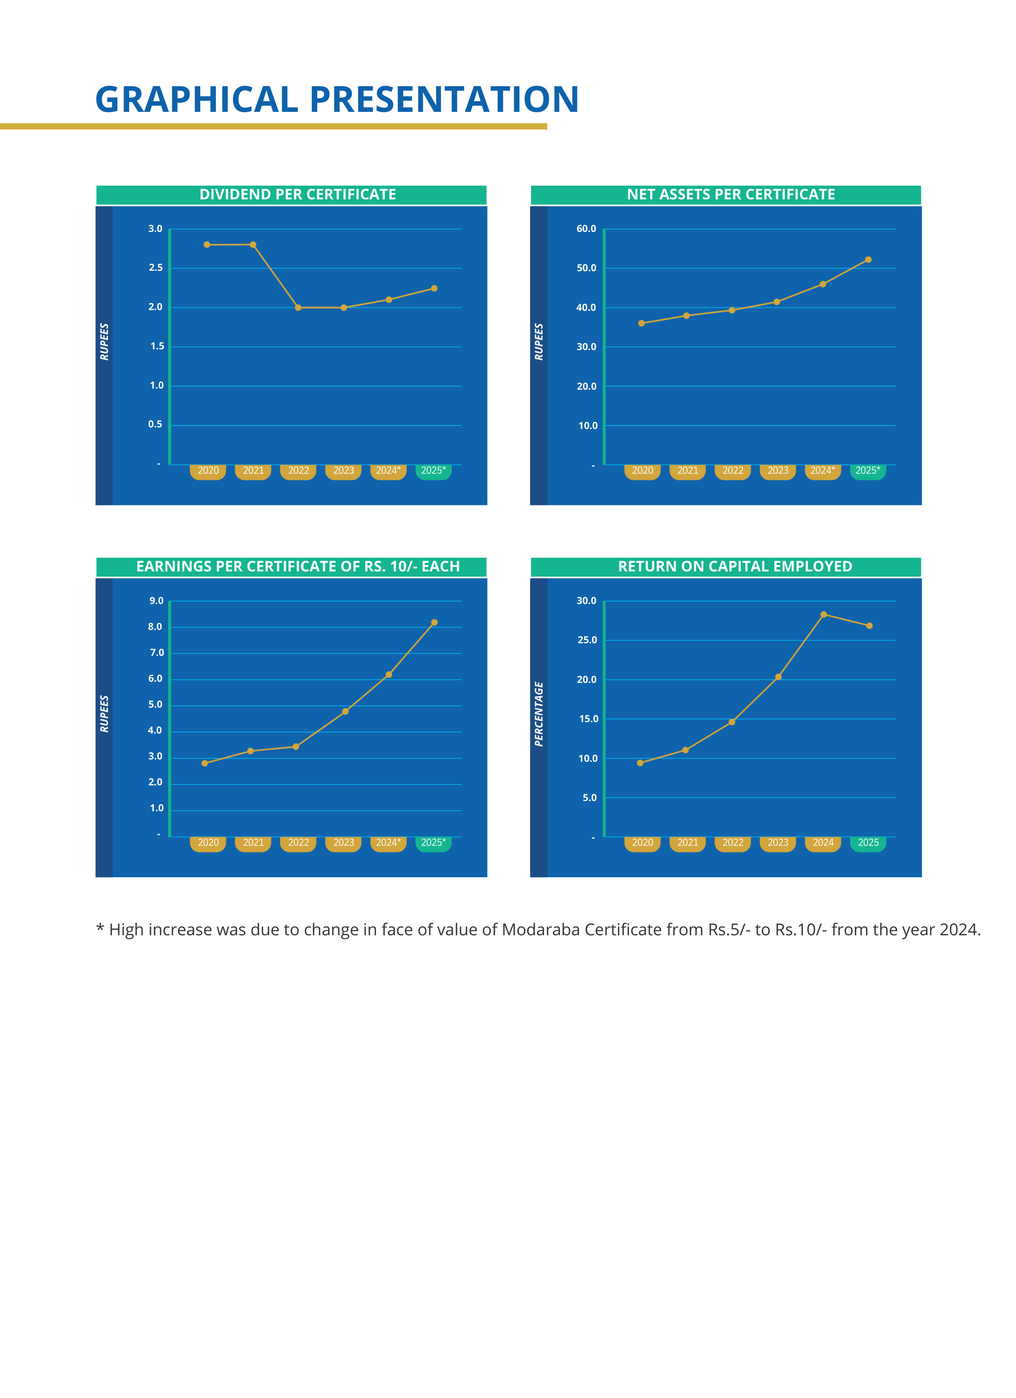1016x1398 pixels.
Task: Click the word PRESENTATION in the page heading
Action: [x=444, y=100]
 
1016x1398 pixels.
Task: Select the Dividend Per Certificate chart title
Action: [x=298, y=195]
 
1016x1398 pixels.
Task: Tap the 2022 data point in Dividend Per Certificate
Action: [x=298, y=308]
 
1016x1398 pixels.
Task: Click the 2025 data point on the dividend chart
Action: [x=434, y=288]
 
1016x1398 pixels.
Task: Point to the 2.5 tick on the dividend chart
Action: [x=155, y=268]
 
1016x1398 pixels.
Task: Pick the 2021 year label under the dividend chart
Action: [x=253, y=471]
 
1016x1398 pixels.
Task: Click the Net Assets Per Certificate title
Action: [x=731, y=195]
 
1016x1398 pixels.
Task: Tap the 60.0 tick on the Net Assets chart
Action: [x=586, y=229]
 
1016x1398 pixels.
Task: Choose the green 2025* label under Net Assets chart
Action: [x=868, y=471]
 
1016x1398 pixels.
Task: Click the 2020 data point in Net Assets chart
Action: [x=642, y=324]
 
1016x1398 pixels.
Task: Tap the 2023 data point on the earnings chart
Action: [x=345, y=712]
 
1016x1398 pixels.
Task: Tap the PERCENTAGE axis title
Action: [x=539, y=714]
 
